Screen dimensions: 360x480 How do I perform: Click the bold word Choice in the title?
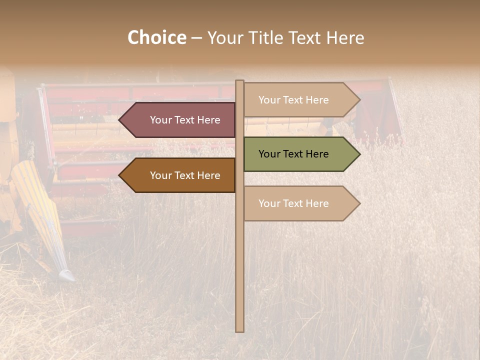156,37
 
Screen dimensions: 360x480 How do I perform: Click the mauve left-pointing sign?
180,120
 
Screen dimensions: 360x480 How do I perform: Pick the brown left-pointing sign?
180,175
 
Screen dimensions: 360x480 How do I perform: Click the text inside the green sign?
293,154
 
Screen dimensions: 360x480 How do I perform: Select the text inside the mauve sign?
185,120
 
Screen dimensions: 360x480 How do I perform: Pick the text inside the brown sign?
185,175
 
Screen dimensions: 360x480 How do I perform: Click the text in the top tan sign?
293,100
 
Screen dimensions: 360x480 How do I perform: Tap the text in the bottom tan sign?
293,203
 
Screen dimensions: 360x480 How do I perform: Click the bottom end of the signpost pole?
239,329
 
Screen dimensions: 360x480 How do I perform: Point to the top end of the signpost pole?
239,82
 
